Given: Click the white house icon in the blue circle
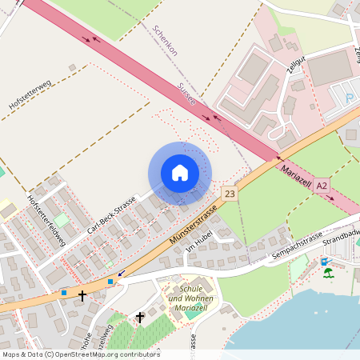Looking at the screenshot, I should tap(180, 173).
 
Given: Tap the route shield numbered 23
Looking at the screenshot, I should tap(230, 194).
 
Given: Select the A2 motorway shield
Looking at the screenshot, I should tap(322, 185).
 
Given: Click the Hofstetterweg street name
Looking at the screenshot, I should tap(30, 95).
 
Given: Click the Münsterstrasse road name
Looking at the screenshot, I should tap(195, 226).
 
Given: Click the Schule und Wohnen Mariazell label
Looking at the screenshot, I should tap(192, 298).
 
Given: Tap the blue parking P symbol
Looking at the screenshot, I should tap(349, 98).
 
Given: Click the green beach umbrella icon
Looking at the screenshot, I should tap(329, 273).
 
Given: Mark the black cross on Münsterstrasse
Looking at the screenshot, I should tap(82, 295).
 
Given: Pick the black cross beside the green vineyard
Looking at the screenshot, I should tap(140, 318).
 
